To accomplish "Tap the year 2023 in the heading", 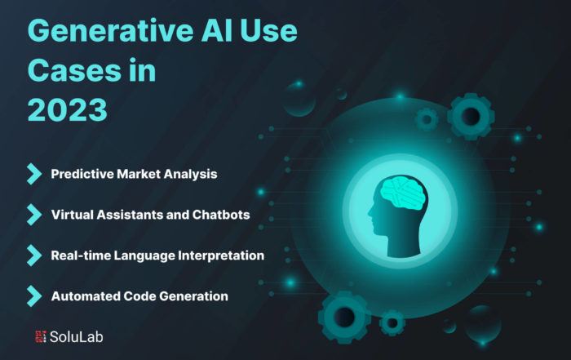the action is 68,109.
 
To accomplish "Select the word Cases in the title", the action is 74,70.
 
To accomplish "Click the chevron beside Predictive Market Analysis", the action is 34,174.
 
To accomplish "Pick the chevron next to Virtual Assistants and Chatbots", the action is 34,215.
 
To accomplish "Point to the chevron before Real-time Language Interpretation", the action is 34,256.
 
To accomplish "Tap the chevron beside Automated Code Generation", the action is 34,296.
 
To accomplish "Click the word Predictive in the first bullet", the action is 82,174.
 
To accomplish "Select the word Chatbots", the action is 221,215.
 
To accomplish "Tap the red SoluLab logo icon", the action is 41,336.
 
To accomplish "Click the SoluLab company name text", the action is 77,337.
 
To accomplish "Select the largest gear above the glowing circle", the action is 471,117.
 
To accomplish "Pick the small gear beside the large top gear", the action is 427,119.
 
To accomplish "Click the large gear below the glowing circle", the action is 344,318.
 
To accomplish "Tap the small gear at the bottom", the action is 392,322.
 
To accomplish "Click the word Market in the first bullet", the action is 139,174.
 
